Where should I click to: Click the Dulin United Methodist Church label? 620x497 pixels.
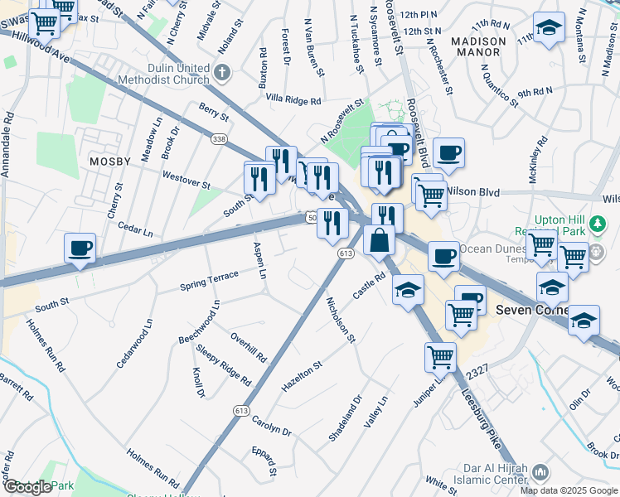click(x=170, y=74)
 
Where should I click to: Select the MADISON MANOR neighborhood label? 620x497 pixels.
click(x=478, y=46)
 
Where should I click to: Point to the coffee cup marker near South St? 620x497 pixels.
click(x=80, y=248)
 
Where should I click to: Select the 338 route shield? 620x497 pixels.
click(x=219, y=138)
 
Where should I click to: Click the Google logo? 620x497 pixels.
click(x=27, y=487)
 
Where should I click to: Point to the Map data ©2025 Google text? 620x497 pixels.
click(x=568, y=490)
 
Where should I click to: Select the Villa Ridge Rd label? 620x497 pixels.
click(x=293, y=100)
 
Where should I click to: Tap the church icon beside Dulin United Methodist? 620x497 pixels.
click(x=221, y=73)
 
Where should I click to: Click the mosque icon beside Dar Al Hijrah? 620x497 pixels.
click(x=539, y=472)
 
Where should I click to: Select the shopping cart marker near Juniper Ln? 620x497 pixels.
click(x=439, y=357)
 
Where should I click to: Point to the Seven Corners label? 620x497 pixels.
click(x=531, y=311)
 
